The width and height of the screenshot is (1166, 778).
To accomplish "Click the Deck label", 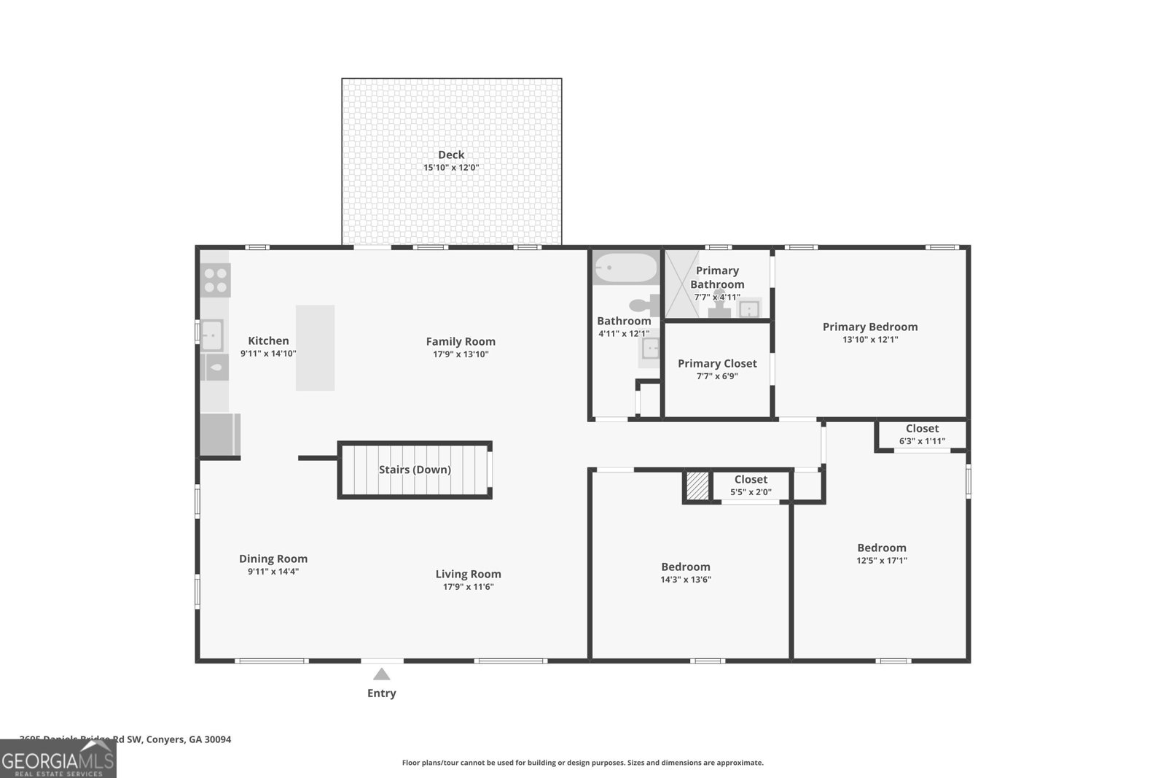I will click(x=451, y=155).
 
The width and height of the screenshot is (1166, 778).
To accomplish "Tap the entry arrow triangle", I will click(x=381, y=674).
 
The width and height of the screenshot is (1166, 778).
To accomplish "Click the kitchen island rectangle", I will click(x=315, y=348).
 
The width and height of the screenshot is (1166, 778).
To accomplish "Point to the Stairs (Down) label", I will click(x=415, y=470).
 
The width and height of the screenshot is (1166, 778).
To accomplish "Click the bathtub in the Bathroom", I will click(x=625, y=268).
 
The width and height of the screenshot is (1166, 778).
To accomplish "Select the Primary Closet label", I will click(x=717, y=363).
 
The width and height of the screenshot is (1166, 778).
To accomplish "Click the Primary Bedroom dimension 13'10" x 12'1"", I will click(x=870, y=340).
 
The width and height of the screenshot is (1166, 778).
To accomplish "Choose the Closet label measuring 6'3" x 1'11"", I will click(x=922, y=429).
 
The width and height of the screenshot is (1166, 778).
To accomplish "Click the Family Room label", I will click(x=461, y=341).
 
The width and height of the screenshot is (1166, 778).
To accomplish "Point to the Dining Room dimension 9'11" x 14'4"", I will click(x=273, y=572).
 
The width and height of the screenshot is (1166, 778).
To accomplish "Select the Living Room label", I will click(x=468, y=574).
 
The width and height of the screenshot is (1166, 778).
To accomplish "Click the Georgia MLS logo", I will click(x=58, y=759).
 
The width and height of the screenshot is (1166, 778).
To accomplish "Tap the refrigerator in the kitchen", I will click(x=219, y=435).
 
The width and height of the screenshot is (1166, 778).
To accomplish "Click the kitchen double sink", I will click(x=211, y=335).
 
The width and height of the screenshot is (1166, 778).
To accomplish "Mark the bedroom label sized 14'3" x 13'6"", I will click(x=685, y=567).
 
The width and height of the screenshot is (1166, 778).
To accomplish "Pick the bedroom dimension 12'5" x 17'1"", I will click(x=882, y=561).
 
